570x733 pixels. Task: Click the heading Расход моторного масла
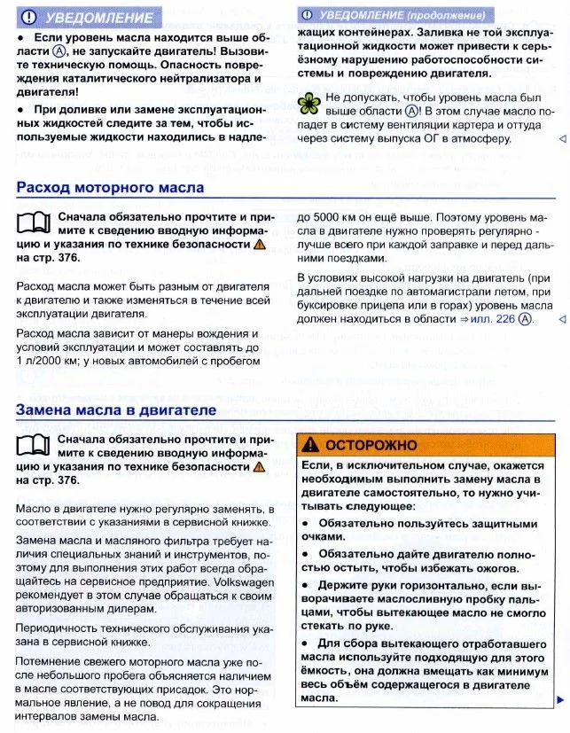coord(110,188)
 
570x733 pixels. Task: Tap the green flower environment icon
coord(309,103)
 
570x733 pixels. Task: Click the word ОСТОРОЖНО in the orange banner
coord(371,445)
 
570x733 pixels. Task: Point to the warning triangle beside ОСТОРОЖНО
coord(310,444)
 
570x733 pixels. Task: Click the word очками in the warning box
coord(319,537)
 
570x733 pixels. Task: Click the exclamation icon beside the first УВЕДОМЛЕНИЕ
coord(28,17)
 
